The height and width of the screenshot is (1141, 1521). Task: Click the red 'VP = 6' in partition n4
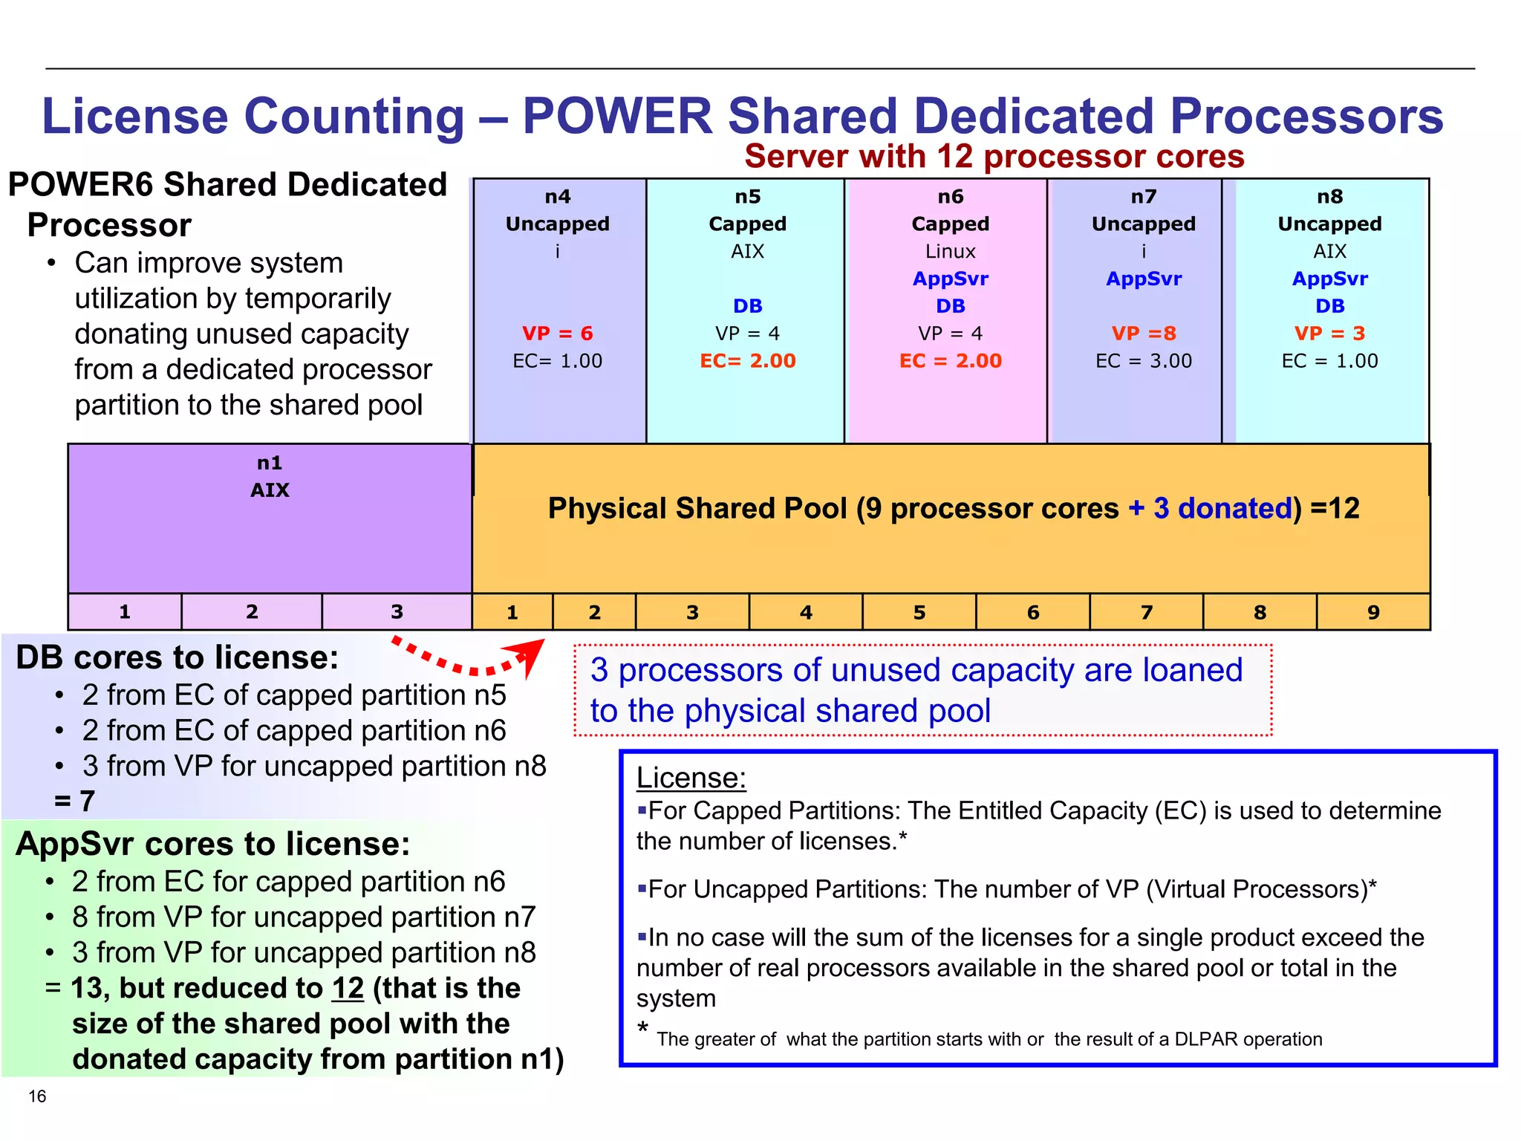(557, 334)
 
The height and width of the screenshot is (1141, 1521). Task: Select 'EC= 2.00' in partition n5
(747, 361)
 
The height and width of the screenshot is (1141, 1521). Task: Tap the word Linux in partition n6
(950, 252)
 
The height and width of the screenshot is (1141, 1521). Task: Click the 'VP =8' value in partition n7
(1144, 334)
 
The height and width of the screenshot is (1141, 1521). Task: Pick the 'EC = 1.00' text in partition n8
(1329, 361)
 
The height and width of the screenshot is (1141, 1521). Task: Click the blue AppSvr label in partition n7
(1144, 279)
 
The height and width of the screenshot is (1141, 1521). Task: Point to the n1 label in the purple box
(270, 464)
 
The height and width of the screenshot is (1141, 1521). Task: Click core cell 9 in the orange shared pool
(1373, 613)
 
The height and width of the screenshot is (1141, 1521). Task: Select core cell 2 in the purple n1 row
(252, 612)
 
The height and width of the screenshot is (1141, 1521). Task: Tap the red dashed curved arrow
(468, 660)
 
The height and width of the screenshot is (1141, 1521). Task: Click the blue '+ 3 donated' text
(1211, 509)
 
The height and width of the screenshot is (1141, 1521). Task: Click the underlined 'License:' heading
(691, 778)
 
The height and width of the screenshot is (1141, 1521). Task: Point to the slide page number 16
(37, 1096)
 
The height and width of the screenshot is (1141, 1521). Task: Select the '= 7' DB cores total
(74, 802)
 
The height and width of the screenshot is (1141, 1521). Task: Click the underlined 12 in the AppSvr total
(348, 989)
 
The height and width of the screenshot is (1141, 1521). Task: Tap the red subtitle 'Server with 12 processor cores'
(994, 157)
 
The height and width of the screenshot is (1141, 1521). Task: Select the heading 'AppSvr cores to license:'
(213, 845)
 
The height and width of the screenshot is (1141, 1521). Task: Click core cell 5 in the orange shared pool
(919, 613)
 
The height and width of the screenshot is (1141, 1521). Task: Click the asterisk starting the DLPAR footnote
(643, 1029)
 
